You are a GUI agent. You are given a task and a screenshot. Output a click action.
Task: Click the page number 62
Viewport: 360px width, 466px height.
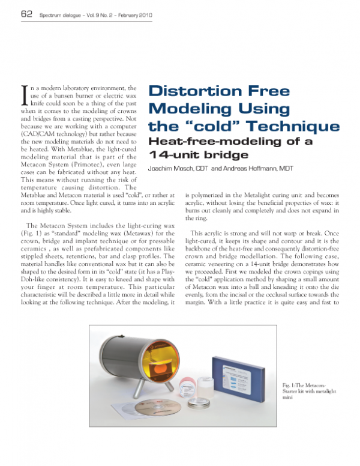26,13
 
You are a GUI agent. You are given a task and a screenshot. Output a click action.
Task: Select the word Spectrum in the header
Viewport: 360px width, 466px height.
55,14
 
